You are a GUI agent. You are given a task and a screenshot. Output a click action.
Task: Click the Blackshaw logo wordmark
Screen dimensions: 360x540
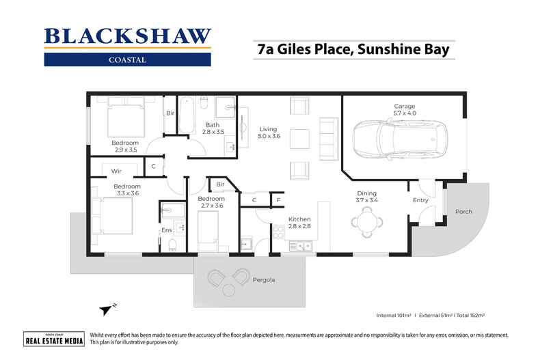point(128,36)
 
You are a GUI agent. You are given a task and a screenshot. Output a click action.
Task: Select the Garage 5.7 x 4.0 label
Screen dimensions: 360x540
point(404,109)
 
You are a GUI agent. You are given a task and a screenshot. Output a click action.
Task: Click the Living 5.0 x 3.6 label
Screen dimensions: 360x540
point(267,132)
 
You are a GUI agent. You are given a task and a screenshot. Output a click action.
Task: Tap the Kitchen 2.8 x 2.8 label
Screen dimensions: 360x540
point(299,222)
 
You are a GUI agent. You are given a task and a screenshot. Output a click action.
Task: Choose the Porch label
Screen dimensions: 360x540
point(463,212)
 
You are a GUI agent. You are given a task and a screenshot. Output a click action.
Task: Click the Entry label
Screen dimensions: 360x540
point(420,200)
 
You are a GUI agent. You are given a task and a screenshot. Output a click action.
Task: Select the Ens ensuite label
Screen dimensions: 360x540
point(166,230)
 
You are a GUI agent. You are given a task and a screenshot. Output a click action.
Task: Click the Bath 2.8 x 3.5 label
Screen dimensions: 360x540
point(212,128)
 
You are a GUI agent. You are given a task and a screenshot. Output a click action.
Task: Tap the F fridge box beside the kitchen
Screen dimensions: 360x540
point(278,200)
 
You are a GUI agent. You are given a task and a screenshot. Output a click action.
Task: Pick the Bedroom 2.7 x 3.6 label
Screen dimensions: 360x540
point(212,202)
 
